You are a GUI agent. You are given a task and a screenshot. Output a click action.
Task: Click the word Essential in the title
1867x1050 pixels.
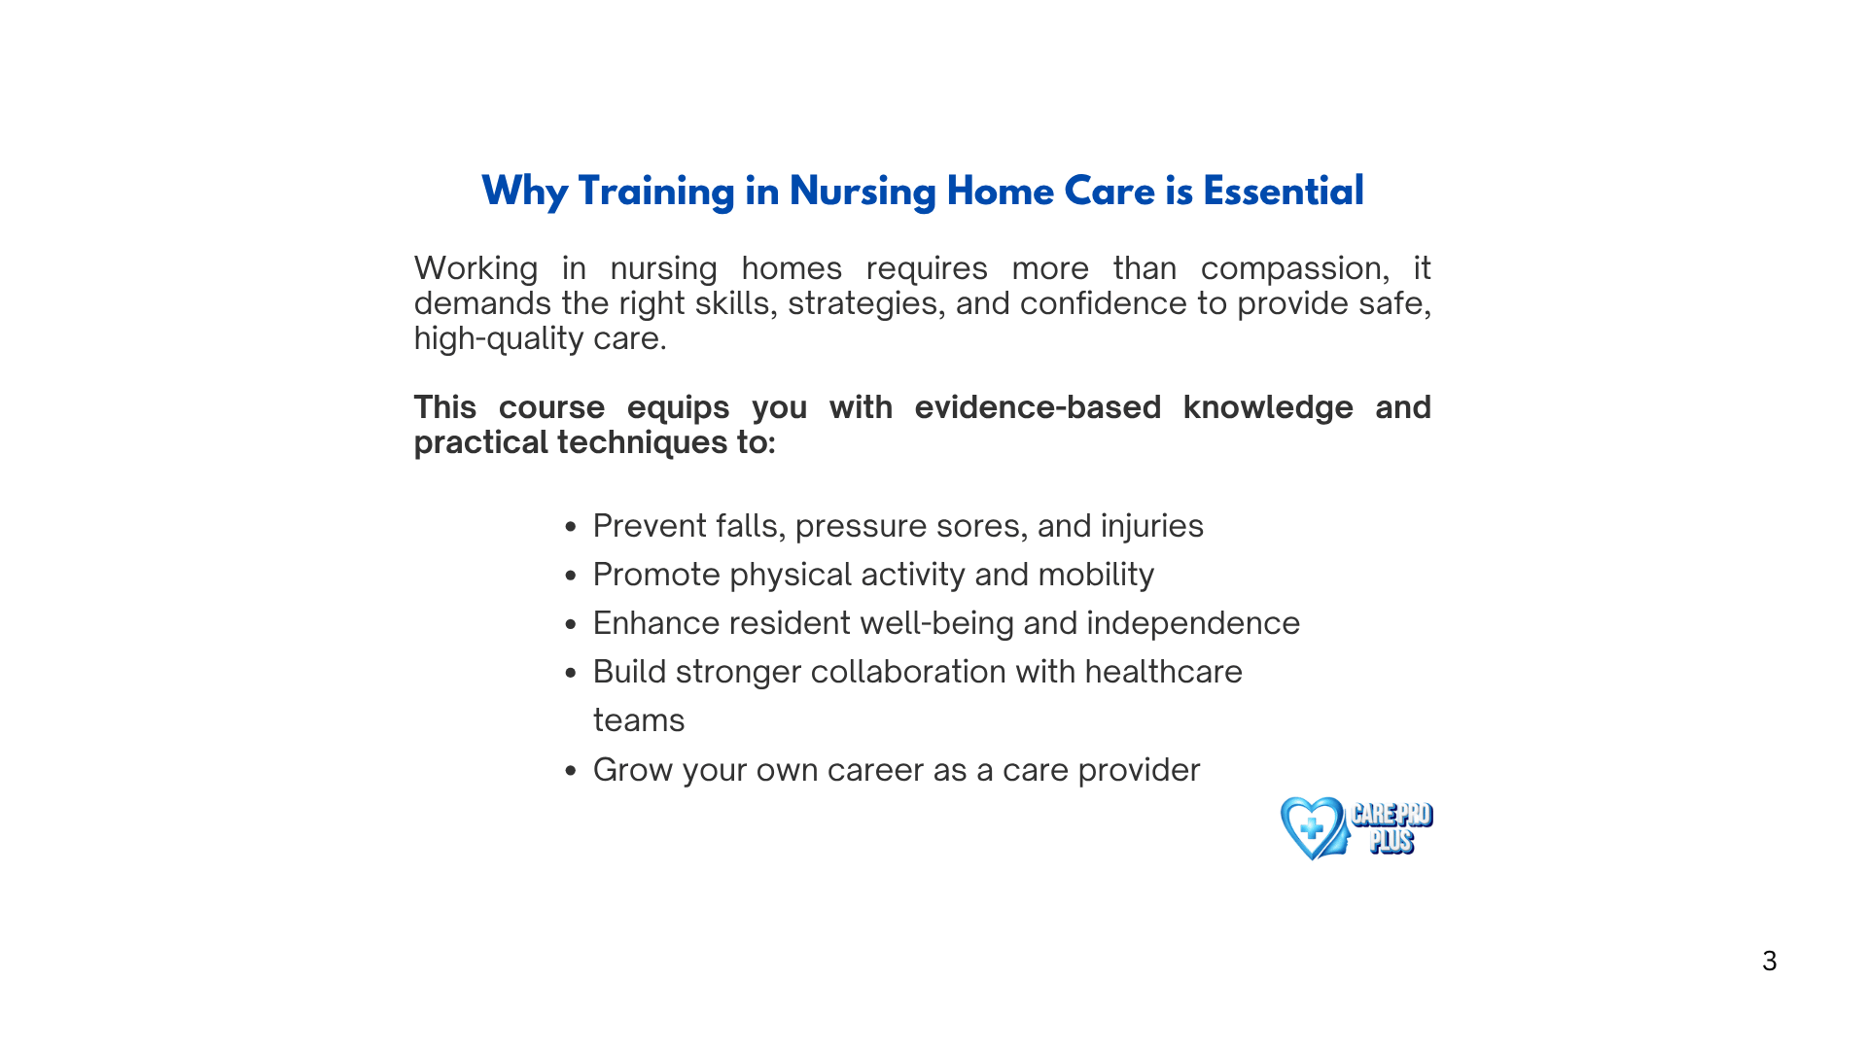click(x=1284, y=192)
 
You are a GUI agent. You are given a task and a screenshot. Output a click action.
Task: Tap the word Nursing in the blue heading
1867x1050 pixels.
click(x=863, y=192)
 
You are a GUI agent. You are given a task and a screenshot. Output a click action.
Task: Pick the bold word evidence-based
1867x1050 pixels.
click(x=1038, y=407)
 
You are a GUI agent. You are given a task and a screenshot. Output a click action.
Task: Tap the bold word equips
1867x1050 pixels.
click(x=678, y=408)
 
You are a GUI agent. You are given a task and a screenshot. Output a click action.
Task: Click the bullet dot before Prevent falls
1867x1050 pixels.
click(x=571, y=527)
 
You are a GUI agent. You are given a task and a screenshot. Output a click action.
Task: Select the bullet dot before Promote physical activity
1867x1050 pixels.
click(x=571, y=576)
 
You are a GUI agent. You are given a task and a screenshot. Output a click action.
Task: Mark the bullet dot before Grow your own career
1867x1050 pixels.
click(x=571, y=771)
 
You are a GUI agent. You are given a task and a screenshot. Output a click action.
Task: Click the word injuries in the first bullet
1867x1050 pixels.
click(x=1151, y=527)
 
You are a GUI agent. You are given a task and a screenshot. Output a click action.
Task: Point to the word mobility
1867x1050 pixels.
click(x=1096, y=576)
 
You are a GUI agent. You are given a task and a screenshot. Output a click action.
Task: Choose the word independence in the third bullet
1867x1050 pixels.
click(x=1193, y=624)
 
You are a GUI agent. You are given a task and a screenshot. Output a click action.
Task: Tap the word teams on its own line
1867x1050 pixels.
click(x=639, y=721)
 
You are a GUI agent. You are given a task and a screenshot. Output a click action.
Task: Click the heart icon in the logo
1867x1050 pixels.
click(x=1313, y=828)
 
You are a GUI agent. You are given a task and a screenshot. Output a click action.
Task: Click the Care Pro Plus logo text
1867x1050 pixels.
click(x=1391, y=828)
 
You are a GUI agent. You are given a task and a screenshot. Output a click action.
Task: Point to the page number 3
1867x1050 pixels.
click(x=1770, y=962)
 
